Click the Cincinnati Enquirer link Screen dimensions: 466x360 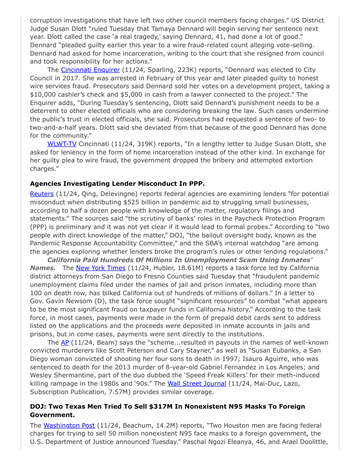90,70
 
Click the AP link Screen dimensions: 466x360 65,342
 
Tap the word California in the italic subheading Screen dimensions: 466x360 67,260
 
